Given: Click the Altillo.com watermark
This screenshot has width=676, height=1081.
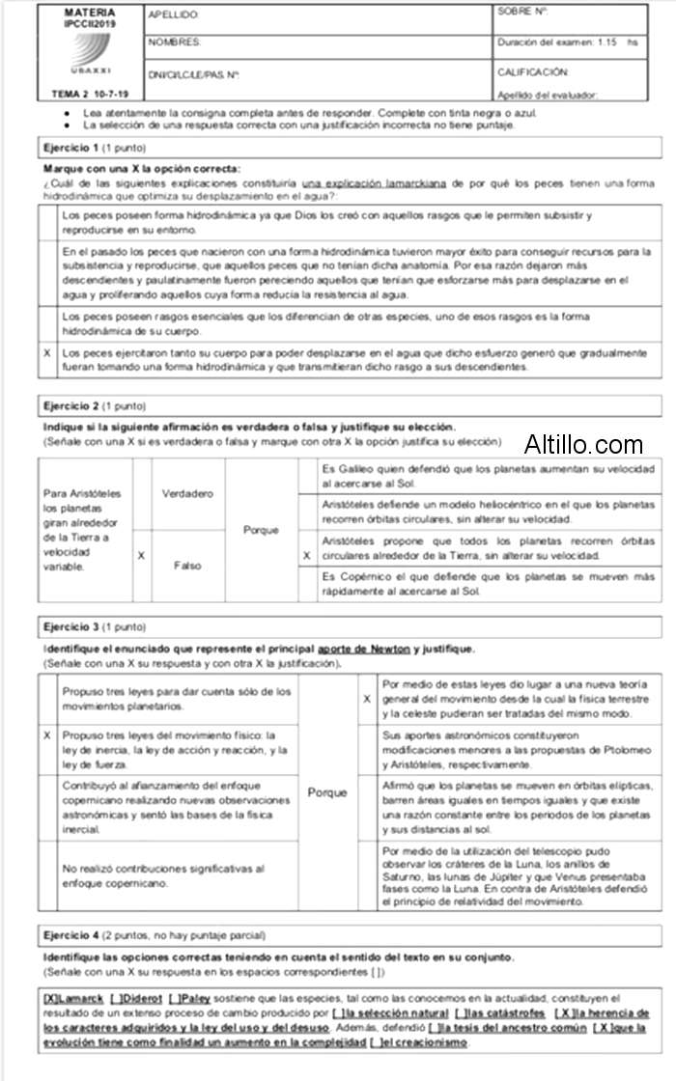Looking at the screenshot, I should [x=583, y=445].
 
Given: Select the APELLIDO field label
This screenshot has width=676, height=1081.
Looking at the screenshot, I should [x=174, y=15].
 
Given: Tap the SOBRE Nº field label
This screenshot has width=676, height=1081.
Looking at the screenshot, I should [x=522, y=12].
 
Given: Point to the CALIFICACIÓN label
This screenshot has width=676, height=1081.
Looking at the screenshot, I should [x=532, y=72].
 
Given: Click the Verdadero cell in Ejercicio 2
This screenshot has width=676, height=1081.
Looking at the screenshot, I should [x=187, y=494].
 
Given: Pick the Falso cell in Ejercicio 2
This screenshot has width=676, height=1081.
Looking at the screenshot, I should [x=187, y=566].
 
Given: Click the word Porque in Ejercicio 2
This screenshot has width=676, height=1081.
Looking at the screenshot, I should [x=261, y=530].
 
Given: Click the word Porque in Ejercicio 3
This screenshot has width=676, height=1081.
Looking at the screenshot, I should [x=327, y=792].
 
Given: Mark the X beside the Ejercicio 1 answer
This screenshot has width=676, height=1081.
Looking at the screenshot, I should [x=47, y=354].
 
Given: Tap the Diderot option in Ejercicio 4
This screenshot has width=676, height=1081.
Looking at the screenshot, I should [x=134, y=998].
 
